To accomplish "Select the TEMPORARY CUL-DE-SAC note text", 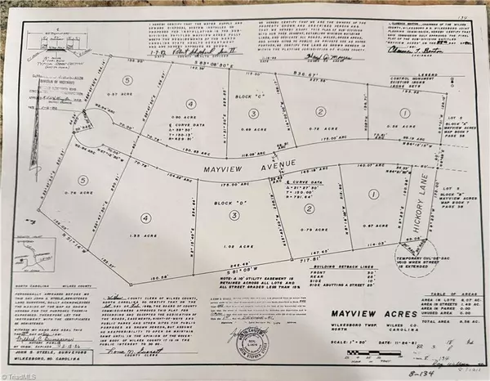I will click(408, 254).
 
